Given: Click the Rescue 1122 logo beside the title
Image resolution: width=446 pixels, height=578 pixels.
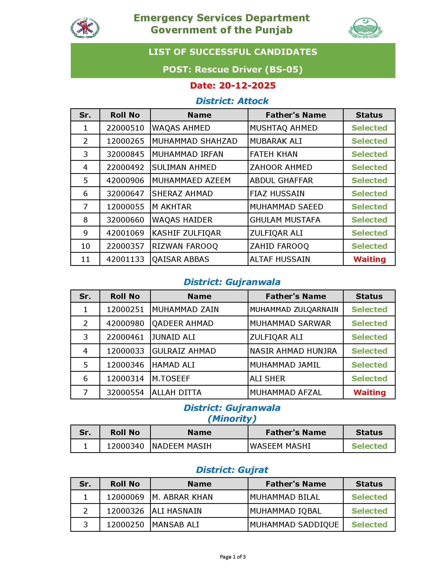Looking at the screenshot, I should click(x=85, y=28).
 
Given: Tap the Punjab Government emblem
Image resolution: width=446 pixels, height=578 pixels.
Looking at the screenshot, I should click(x=365, y=28).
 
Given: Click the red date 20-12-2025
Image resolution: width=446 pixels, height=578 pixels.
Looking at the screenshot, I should click(x=232, y=85).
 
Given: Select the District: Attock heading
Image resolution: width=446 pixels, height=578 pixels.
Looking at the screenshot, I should click(x=232, y=101).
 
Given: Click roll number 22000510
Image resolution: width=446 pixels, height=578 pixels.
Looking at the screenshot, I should click(x=125, y=128).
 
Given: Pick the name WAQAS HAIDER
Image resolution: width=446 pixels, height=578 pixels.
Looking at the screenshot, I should click(x=182, y=220).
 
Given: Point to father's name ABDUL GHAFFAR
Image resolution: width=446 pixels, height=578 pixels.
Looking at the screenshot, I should click(x=281, y=180).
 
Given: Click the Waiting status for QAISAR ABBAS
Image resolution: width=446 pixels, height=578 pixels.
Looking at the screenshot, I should click(x=369, y=259).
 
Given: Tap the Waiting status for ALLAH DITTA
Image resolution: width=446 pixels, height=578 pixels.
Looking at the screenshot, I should click(x=369, y=393).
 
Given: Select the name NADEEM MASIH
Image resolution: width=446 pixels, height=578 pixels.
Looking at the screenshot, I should click(x=182, y=446).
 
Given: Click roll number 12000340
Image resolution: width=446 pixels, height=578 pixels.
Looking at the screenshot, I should click(x=125, y=446).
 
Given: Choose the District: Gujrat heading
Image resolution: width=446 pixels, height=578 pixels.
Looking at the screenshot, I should click(x=232, y=470).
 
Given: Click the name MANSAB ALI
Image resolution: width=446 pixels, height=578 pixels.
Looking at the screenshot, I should click(x=176, y=525).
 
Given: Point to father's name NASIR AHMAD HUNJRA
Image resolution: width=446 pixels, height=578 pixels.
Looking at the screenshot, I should click(x=293, y=351).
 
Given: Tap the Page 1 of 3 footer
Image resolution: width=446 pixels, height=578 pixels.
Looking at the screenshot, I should click(x=232, y=557).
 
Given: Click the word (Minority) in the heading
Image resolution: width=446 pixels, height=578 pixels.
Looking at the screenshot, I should click(x=232, y=419).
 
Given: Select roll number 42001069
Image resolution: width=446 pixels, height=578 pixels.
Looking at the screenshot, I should click(x=125, y=233).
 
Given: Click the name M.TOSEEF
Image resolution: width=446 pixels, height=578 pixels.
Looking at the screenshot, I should click(x=171, y=379).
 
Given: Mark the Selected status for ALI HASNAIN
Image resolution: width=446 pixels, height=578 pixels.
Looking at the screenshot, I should click(x=369, y=511).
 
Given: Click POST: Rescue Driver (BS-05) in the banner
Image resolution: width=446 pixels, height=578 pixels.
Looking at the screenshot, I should click(x=232, y=69).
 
